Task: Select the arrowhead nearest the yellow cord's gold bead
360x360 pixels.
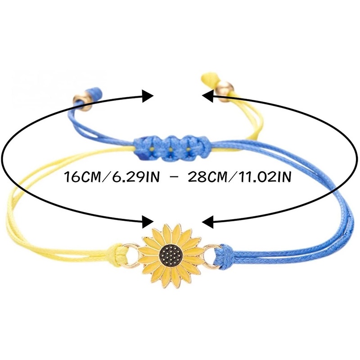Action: [208, 95]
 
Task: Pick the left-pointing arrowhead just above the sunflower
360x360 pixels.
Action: [208, 221]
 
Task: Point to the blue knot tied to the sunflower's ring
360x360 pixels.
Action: [225, 256]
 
